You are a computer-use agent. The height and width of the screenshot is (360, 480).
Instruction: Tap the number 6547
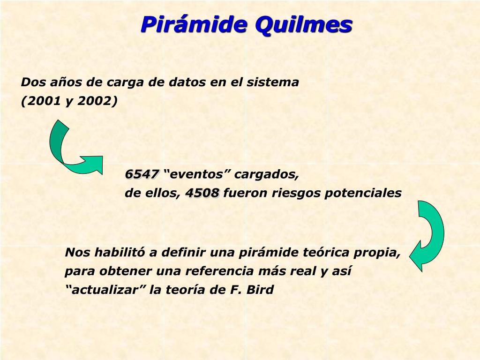[142, 174]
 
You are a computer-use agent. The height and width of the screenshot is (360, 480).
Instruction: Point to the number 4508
[202, 193]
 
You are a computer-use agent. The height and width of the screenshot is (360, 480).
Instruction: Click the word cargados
[266, 174]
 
